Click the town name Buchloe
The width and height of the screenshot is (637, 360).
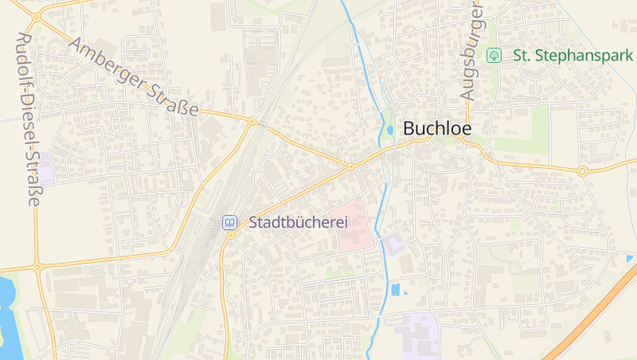(437, 128)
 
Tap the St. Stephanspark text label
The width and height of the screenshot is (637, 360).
(573, 55)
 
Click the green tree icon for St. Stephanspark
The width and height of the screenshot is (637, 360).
(494, 55)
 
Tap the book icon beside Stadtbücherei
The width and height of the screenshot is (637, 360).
(229, 222)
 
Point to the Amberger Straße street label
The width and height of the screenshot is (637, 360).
(133, 77)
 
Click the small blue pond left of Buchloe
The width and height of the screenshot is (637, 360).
(389, 130)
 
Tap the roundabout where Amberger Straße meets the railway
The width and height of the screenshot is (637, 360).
(252, 122)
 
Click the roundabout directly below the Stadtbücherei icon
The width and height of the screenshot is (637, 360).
(230, 236)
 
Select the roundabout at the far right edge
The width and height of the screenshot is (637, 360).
(582, 170)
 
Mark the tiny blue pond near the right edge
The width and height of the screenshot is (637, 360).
(630, 258)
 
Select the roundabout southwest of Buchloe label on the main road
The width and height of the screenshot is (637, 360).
(350, 166)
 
